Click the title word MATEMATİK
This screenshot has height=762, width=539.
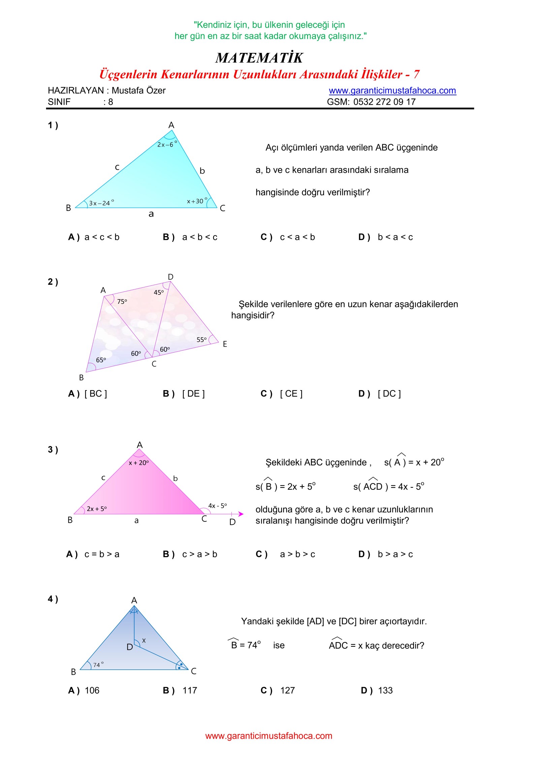259,58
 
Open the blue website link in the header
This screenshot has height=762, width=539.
392,91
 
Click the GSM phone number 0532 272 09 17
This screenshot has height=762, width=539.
384,102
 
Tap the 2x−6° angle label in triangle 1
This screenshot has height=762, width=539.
166,145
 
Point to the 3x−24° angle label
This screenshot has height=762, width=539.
101,203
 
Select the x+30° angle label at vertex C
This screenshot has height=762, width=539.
196,201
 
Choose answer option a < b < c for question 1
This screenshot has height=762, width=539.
199,237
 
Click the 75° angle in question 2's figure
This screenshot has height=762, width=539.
122,301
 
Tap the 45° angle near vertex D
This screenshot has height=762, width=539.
159,292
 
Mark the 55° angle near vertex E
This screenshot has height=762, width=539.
201,340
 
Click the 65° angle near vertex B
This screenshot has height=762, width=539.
101,360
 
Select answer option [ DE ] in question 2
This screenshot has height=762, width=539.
193,393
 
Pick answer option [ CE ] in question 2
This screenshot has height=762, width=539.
291,393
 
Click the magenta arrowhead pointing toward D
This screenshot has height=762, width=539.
241,514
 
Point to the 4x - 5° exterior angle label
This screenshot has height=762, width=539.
217,506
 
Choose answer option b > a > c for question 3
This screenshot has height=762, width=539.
395,554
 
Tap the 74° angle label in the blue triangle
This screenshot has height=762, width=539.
98,665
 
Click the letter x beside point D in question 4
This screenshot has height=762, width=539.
144,640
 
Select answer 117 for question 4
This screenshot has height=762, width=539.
189,691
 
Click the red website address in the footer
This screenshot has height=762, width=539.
268,736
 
